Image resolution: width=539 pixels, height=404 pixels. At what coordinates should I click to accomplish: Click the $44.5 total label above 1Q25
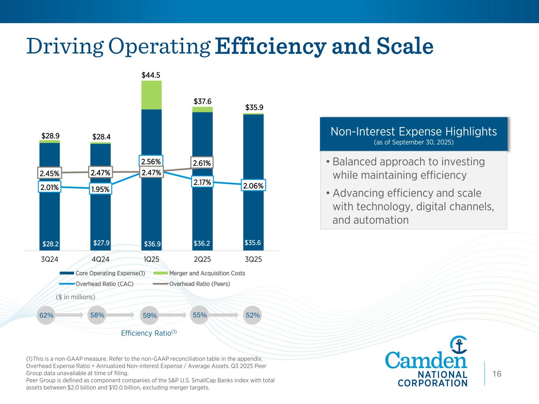tap(151, 75)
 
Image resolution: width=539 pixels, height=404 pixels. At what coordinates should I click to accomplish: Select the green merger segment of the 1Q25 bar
tap(151, 95)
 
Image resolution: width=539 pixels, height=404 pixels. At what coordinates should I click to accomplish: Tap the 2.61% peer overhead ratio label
tap(202, 163)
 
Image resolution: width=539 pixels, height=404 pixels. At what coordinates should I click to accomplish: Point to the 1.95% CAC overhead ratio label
tap(100, 189)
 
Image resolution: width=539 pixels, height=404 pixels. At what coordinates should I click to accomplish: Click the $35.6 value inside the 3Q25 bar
tap(253, 243)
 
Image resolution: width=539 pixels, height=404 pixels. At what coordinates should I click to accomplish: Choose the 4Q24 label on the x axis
tap(100, 260)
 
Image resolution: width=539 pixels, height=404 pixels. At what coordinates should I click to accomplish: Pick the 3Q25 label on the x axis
tap(253, 260)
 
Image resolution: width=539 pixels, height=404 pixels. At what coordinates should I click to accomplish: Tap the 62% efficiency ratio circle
tap(46, 315)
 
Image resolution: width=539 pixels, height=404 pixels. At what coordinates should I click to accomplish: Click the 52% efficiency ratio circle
tap(253, 315)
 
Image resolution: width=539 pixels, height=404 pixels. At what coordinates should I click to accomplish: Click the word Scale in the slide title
tap(405, 46)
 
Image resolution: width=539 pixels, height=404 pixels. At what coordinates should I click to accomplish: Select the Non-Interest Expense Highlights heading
tap(413, 131)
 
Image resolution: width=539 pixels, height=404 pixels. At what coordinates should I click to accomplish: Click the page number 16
tap(497, 374)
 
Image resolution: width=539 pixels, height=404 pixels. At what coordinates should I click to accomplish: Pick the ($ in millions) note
tap(75, 297)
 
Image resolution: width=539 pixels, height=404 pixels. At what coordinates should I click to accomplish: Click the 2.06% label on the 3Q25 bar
tap(253, 186)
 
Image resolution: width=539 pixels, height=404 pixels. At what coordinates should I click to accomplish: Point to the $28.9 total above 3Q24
tap(50, 136)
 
